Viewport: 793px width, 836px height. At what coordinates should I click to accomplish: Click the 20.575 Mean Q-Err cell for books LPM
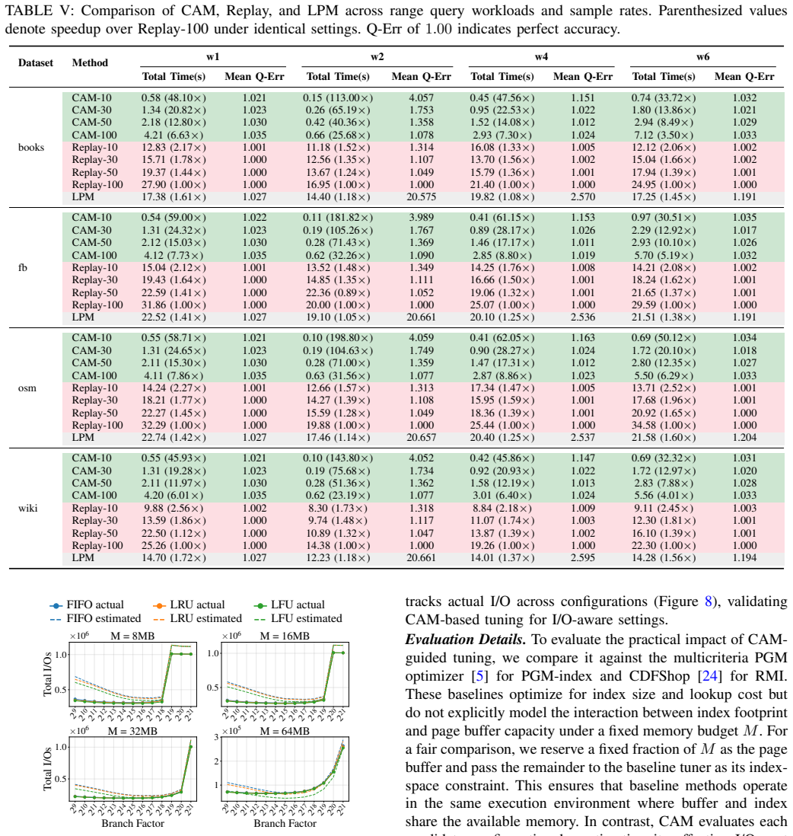[421, 196]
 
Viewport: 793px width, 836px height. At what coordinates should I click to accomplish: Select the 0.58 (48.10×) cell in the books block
[174, 97]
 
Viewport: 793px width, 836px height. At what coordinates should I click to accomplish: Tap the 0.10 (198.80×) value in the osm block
[337, 338]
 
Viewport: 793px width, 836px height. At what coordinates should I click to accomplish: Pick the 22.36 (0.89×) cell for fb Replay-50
[337, 292]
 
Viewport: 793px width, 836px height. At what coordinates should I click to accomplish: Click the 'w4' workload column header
[541, 56]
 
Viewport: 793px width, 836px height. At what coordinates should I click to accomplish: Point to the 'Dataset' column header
[36, 63]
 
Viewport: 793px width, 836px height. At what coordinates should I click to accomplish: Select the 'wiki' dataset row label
[27, 508]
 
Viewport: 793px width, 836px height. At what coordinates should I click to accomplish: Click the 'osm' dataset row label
[27, 388]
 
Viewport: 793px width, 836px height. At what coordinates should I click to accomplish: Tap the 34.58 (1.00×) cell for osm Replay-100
[664, 425]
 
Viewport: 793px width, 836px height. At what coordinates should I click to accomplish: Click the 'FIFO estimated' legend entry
[95, 618]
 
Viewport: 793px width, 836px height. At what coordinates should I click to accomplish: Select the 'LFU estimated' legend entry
[298, 618]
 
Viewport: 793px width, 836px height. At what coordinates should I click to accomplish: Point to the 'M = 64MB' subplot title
[285, 731]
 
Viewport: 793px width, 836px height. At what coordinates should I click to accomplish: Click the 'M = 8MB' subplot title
[132, 636]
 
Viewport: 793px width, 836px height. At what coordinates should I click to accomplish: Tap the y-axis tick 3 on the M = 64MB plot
[216, 737]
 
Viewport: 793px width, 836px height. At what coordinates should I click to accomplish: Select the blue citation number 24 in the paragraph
[709, 676]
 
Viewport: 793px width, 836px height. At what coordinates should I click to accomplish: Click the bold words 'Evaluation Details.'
[466, 640]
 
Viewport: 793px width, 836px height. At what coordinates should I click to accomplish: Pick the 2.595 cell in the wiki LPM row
[582, 557]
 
